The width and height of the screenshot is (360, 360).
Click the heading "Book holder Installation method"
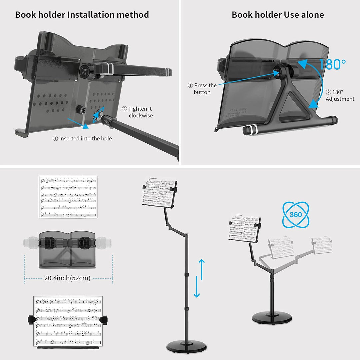coord(82,15)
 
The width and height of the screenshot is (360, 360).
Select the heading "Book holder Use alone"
coord(278,15)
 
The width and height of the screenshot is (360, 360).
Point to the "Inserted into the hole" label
coord(82,138)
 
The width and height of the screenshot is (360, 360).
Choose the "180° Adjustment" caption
coord(340,95)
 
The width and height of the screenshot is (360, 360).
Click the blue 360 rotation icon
coord(296,214)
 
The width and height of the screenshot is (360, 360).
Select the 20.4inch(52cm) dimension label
coord(67,278)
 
